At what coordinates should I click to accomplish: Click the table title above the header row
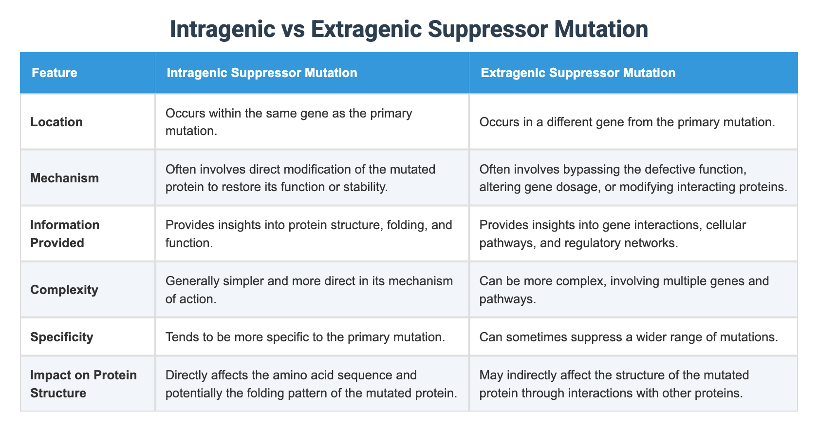(x=409, y=29)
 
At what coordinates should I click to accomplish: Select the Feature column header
(x=54, y=73)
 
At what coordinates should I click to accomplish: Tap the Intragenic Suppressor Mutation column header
(x=262, y=73)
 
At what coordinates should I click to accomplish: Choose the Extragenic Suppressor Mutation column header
(x=577, y=73)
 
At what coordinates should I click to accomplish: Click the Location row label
(x=56, y=122)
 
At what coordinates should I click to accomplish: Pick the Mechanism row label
(x=64, y=178)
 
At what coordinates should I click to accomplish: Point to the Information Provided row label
(x=65, y=234)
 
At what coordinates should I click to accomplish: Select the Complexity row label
(x=64, y=290)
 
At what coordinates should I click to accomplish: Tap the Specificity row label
(x=61, y=337)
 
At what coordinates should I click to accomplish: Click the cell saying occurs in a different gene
(x=627, y=122)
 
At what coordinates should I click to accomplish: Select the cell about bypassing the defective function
(x=633, y=178)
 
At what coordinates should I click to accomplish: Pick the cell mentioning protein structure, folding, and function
(x=309, y=234)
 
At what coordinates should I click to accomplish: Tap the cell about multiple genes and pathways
(x=624, y=290)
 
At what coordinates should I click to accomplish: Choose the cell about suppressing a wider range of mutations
(x=628, y=337)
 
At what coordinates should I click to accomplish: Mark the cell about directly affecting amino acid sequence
(x=311, y=384)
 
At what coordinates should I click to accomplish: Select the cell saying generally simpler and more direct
(x=309, y=290)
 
